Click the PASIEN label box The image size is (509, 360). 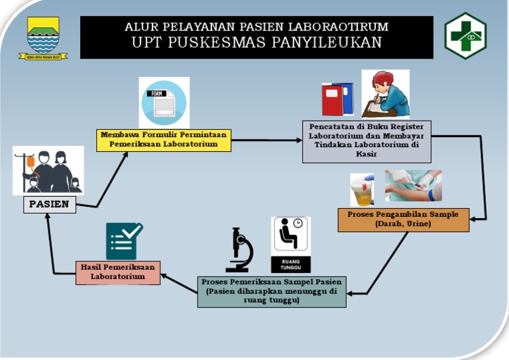pos(49,204)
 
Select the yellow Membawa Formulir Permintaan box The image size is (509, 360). pos(163,139)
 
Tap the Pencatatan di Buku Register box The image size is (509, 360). pos(367,141)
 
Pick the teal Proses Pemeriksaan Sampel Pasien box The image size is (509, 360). pos(272,291)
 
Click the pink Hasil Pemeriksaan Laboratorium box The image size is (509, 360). pos(117,272)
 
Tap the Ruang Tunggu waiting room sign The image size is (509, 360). pos(290,245)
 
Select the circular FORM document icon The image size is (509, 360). pos(164,103)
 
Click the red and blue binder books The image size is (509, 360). pos(337,99)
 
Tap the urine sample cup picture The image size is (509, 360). pos(362,190)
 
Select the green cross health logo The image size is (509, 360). pos(465,36)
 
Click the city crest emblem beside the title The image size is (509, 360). pos(43,38)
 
